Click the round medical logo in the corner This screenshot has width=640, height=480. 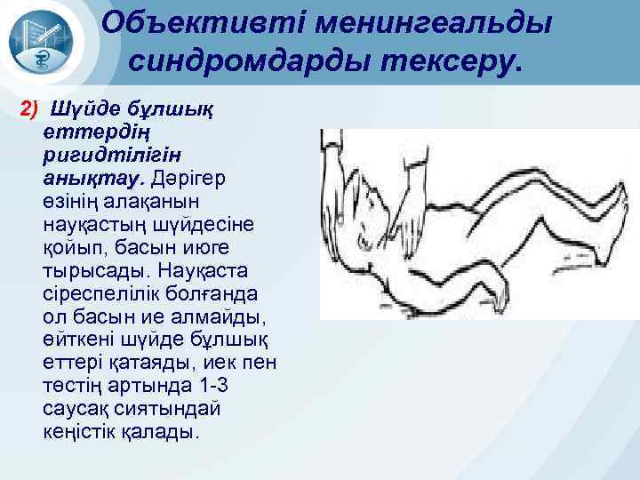pyautogui.click(x=44, y=42)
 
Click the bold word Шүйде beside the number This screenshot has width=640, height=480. pyautogui.click(x=82, y=108)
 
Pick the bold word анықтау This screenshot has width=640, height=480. pyautogui.click(x=77, y=177)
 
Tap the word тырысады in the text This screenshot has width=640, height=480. pyautogui.click(x=79, y=269)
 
